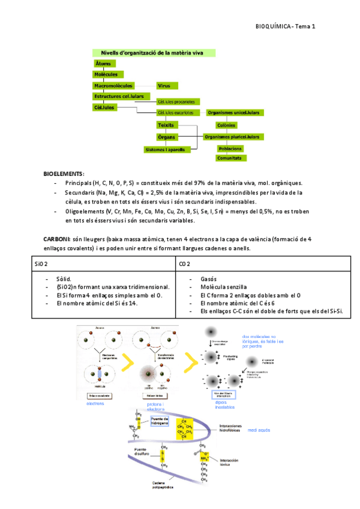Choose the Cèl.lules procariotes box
(x=179, y=101)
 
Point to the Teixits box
(x=166, y=125)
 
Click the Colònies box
(x=226, y=126)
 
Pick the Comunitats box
(x=230, y=158)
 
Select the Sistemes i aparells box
(x=165, y=148)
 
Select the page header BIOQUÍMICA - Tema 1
(x=285, y=26)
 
